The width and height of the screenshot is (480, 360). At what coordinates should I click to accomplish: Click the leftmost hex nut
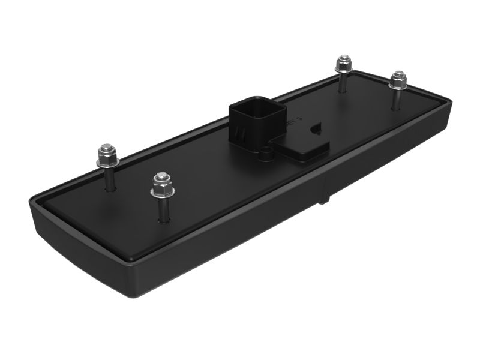click(x=106, y=154)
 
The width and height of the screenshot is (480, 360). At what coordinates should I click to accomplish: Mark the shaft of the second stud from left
click(x=163, y=207)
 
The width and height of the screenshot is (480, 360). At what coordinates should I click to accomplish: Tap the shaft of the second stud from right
click(x=343, y=81)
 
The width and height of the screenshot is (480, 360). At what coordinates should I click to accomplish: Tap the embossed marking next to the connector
click(x=292, y=122)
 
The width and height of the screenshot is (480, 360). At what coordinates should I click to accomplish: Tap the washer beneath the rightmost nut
click(x=397, y=85)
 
